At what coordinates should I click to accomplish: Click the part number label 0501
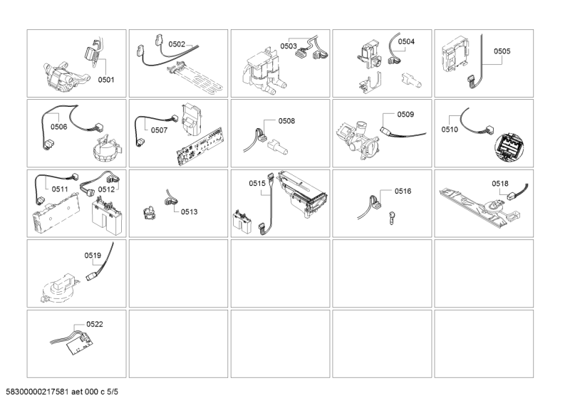click(x=106, y=80)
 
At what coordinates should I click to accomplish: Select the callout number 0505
click(x=502, y=51)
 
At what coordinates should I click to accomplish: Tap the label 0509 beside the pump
click(x=405, y=115)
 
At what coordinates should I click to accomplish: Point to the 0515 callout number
click(x=257, y=184)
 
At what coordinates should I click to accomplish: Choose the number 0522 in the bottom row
click(x=95, y=324)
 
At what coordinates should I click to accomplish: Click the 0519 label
click(x=93, y=256)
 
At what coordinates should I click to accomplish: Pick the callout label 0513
click(x=189, y=212)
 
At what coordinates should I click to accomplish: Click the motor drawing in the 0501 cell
click(x=66, y=78)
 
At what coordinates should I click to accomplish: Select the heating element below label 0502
click(x=195, y=78)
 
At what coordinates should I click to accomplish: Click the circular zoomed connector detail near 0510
click(x=510, y=147)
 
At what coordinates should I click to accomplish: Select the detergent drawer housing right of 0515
click(x=304, y=194)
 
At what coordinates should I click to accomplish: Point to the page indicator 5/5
click(x=113, y=392)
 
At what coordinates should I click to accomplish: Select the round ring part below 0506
click(x=105, y=150)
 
